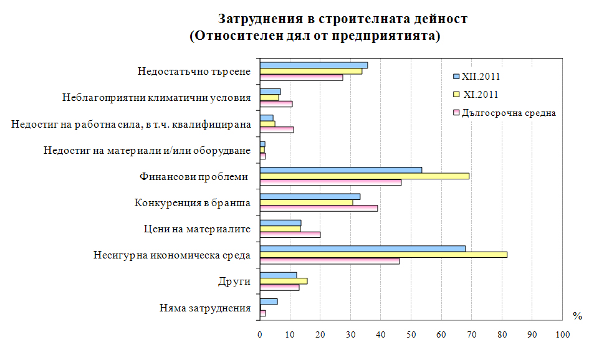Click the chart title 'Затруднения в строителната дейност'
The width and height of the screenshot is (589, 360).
click(342, 19)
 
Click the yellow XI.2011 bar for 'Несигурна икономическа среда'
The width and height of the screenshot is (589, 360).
click(383, 254)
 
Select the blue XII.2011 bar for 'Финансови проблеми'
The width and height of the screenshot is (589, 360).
click(341, 169)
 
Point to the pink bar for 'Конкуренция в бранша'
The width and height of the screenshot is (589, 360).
click(318, 208)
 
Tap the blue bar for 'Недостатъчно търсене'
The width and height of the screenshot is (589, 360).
click(314, 65)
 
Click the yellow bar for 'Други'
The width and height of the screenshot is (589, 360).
click(284, 281)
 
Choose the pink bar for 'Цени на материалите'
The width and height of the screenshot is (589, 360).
click(290, 235)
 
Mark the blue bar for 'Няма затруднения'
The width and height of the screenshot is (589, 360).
click(269, 301)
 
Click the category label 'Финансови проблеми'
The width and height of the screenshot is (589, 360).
click(194, 177)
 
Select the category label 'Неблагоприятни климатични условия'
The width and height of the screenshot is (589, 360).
click(156, 98)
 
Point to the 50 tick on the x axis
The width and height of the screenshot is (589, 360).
click(411, 335)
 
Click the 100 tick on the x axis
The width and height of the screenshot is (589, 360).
click(562, 335)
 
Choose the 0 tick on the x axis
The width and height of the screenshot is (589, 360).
click(260, 335)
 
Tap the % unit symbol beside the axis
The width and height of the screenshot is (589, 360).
click(577, 316)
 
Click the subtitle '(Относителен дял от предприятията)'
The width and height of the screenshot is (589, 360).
click(315, 36)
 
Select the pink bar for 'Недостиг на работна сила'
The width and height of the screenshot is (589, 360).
click(277, 130)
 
